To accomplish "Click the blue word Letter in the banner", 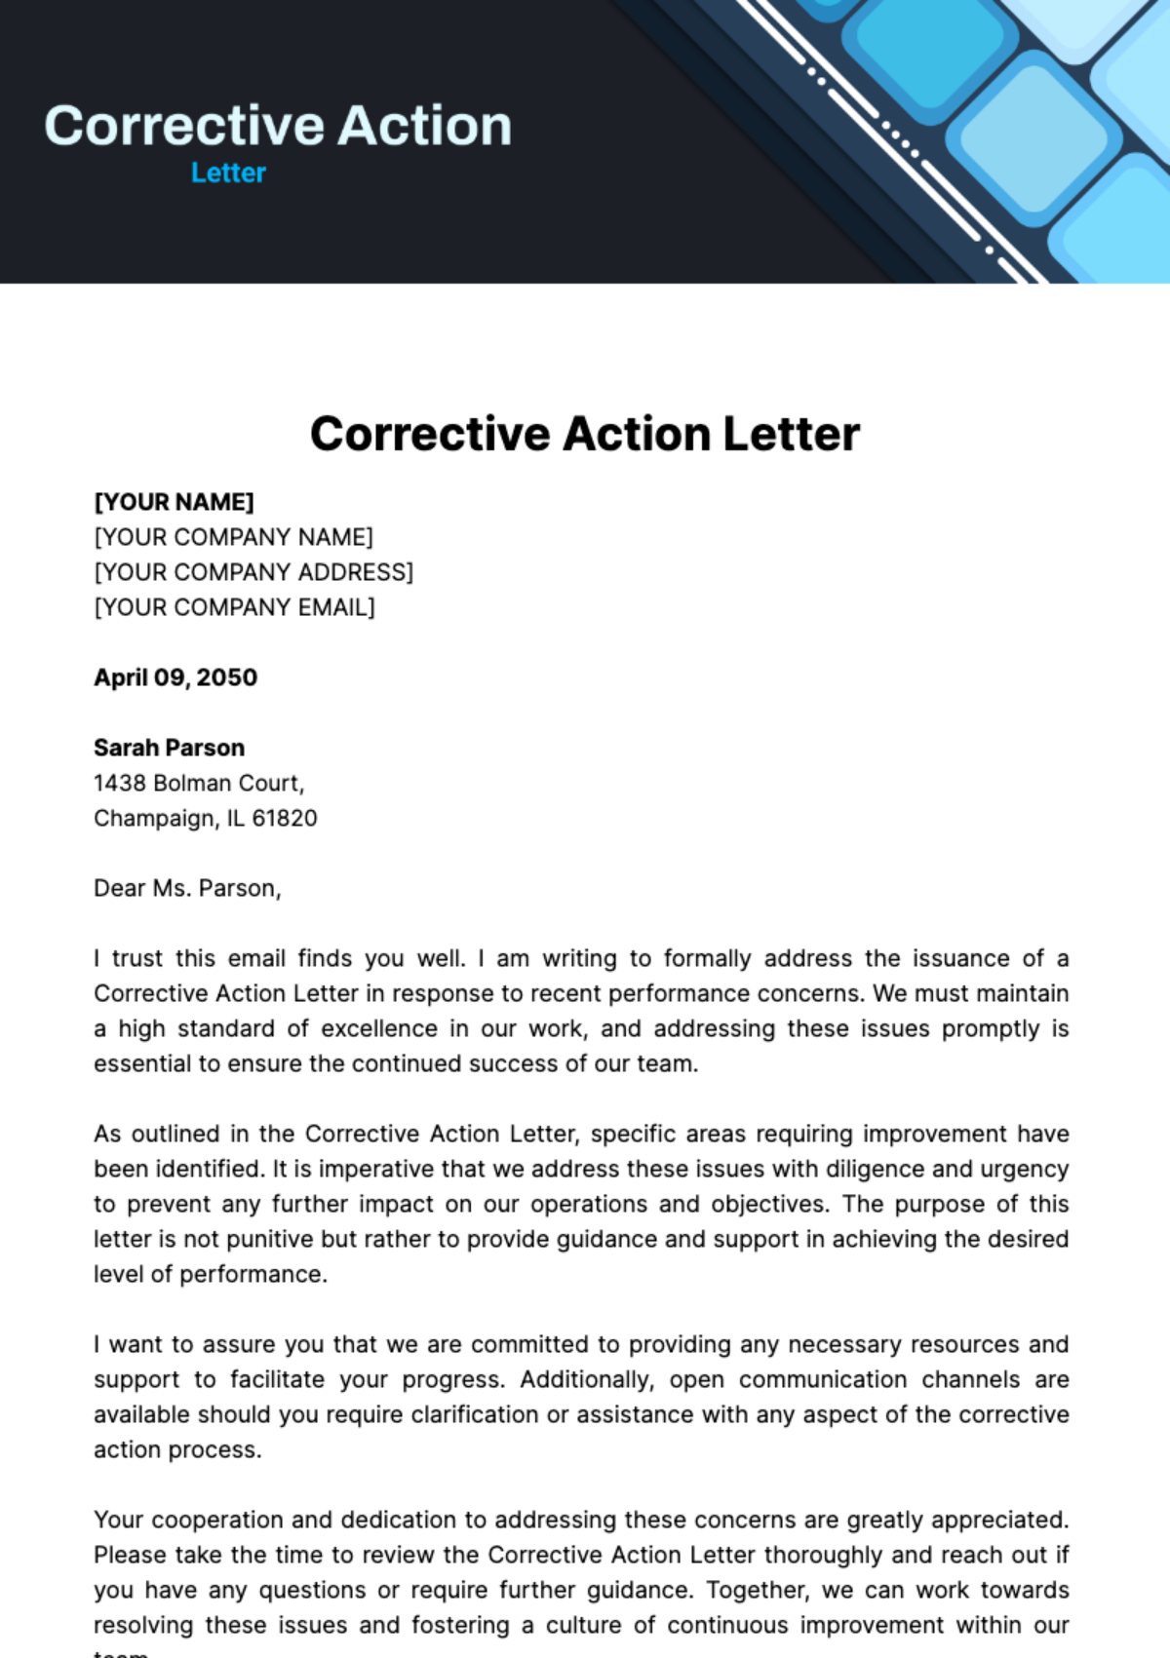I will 228,173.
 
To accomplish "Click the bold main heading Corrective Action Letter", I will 585,434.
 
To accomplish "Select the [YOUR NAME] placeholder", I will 174,502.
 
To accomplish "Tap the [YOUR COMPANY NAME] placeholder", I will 233,537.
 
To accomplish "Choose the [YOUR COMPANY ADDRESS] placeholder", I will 253,572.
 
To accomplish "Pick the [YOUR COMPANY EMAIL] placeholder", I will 234,607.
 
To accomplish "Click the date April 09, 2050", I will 175,677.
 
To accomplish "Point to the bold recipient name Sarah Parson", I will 169,748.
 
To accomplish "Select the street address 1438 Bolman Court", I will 198,783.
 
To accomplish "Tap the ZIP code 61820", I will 285,818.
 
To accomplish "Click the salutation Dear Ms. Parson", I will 187,888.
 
